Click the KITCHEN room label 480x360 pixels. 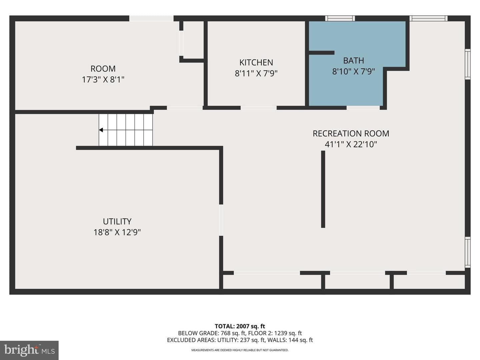coord(256,63)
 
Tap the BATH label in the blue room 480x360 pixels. coord(353,61)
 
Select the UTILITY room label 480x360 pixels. coord(117,221)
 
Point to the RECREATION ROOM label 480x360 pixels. coord(351,134)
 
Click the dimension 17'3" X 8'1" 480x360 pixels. coord(103,80)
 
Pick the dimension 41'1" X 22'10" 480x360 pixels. coord(351,144)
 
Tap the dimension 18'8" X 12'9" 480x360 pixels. coord(117,232)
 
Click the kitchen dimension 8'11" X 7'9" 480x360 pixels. coord(256,73)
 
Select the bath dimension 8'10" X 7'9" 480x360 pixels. coord(353,71)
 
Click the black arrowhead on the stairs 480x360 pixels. coord(101,130)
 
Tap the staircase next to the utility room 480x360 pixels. coord(126,130)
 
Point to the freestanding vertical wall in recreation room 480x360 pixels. coord(323,189)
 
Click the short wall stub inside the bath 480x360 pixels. coord(321,53)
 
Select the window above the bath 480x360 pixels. coord(340,18)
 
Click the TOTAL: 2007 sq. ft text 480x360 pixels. coord(240,326)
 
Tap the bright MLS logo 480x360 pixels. coord(29,350)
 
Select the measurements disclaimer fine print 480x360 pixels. coord(240,350)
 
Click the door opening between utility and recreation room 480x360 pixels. coord(221,220)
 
